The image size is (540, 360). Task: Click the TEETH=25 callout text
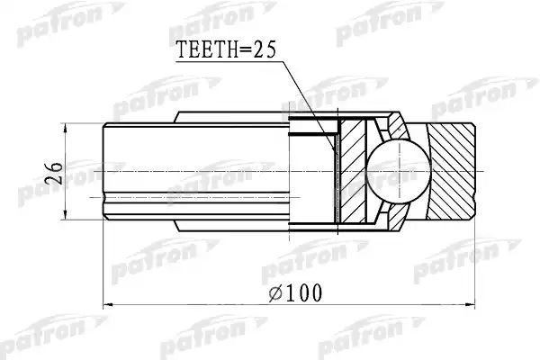[226, 50]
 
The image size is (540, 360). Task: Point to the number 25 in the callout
[265, 50]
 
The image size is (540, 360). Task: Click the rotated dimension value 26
[53, 174]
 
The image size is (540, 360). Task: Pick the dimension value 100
[304, 293]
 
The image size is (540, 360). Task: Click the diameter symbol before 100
[275, 293]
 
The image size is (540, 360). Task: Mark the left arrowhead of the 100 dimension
[108, 304]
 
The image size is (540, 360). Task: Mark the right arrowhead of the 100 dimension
[470, 304]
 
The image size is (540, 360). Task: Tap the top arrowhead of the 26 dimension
[65, 128]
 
